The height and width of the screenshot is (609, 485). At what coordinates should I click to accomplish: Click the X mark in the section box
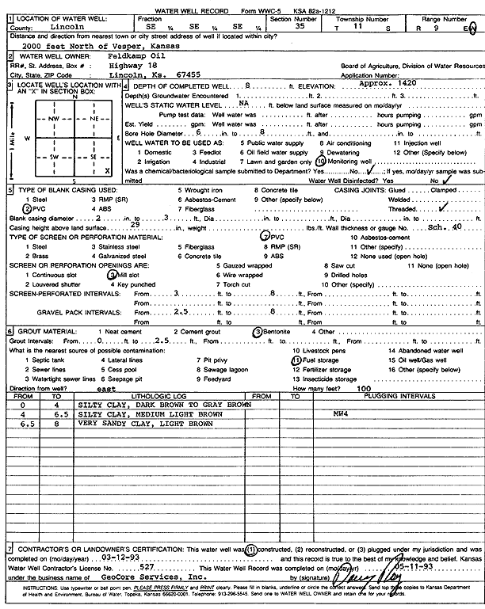106,170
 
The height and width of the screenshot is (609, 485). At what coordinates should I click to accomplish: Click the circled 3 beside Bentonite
258,330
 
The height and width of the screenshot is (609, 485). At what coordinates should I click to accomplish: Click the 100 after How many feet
364,389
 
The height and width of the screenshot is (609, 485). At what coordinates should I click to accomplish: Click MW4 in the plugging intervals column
342,413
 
